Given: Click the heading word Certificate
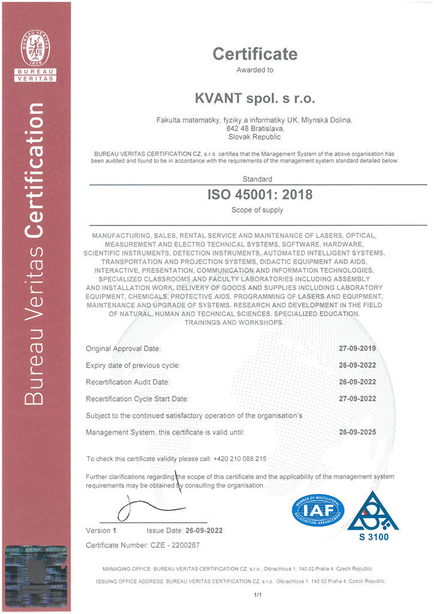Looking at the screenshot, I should (255, 54).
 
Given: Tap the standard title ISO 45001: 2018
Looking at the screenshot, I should (260, 194).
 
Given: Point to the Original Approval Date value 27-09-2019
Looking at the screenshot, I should (358, 348).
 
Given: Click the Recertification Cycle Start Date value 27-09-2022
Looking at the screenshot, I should (358, 398).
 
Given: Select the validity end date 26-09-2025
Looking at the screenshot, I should (358, 432).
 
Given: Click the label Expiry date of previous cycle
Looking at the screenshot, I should (133, 365).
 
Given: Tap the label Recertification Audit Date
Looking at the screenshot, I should (128, 382).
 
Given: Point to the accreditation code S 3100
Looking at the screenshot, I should (373, 537).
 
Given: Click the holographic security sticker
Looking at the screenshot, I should (37, 576).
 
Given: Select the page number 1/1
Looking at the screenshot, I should (258, 594).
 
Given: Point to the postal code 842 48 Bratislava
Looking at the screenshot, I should (254, 128).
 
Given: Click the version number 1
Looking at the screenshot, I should (114, 531).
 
